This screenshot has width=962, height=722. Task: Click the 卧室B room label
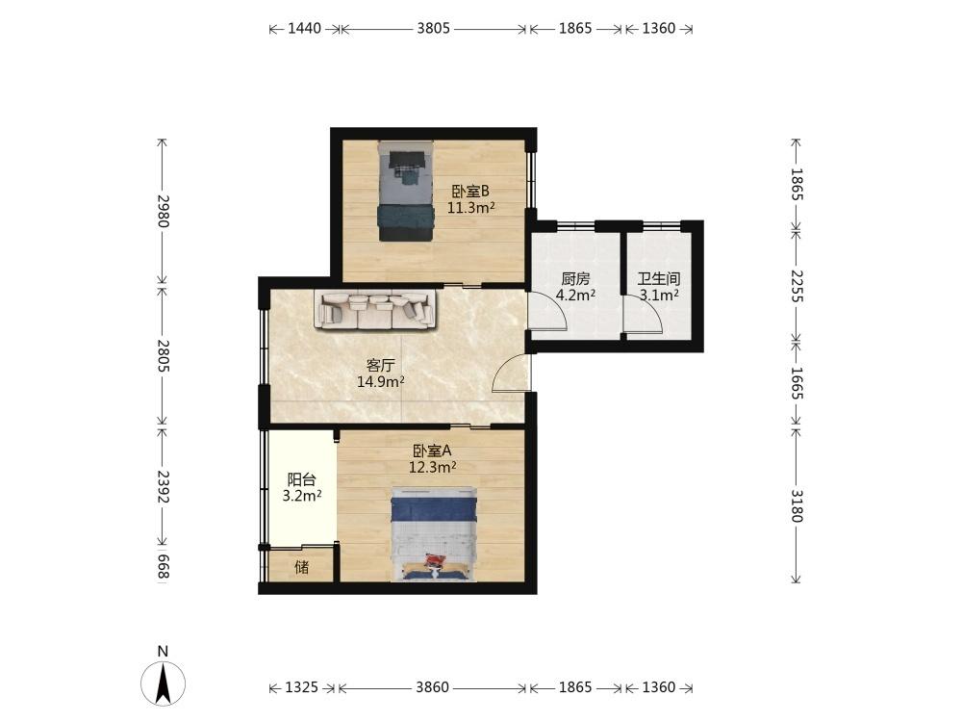470,192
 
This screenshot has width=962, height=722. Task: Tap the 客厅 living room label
380,366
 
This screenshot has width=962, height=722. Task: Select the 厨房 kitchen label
575,279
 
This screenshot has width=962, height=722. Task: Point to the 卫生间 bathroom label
659,279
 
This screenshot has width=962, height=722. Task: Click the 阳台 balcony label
302,479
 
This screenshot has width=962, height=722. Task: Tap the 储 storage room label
302,567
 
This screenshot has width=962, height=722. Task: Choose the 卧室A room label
432,451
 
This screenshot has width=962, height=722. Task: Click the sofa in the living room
377,309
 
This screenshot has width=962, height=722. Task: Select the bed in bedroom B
405,191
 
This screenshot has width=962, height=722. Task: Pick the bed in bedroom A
434,533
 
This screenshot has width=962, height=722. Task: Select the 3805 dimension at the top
433,28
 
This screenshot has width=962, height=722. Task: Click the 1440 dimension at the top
304,28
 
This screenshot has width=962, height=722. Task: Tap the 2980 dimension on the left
163,211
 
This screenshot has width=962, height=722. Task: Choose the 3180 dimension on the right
797,505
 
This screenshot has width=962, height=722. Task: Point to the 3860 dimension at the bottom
433,687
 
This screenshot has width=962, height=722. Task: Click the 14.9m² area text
380,382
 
